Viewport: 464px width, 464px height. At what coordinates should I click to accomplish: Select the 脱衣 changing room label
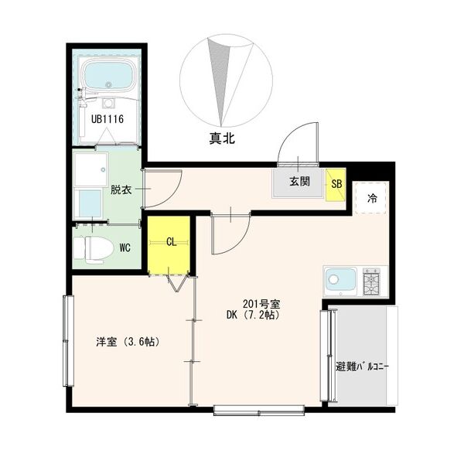[121, 189]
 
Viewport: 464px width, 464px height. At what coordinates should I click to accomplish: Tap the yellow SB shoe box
[336, 184]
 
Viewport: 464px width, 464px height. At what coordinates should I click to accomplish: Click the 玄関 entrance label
[299, 183]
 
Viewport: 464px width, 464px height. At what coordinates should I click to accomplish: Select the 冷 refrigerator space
[372, 198]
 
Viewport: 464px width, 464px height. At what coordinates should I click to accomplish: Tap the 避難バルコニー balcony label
[363, 366]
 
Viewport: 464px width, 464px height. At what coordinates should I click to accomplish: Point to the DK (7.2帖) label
[252, 315]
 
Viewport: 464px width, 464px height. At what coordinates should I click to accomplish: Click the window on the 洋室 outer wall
[67, 340]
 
